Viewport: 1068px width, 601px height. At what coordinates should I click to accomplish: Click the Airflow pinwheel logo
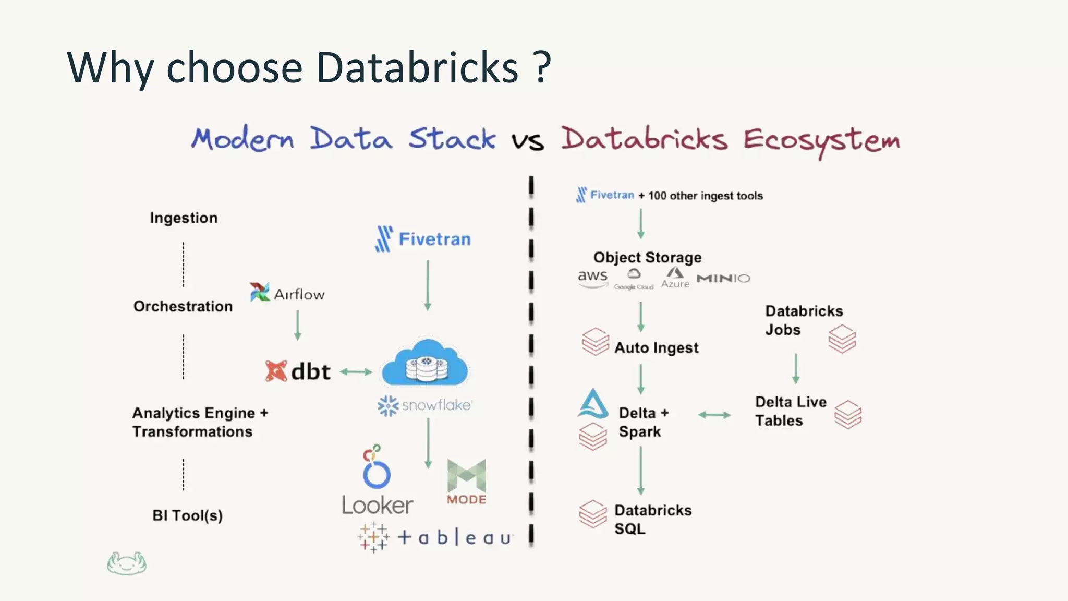(259, 292)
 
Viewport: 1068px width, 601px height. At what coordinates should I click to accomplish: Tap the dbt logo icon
(276, 371)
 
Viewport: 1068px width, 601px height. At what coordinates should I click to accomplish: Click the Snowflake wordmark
(436, 405)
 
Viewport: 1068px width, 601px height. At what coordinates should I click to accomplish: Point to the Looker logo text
(377, 505)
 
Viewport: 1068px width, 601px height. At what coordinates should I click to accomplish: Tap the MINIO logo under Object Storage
(723, 278)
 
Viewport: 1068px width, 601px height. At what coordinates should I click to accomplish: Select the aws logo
(592, 277)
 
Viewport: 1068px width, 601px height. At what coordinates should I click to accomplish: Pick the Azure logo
(675, 278)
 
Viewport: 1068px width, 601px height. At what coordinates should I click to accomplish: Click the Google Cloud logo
(634, 280)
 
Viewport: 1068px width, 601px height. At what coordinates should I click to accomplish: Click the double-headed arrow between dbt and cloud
(356, 372)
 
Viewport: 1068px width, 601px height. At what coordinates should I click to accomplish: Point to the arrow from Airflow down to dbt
(298, 325)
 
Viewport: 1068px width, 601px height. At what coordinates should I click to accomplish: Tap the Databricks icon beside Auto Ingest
(596, 342)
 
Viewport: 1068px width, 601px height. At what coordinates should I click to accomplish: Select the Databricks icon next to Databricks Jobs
(842, 339)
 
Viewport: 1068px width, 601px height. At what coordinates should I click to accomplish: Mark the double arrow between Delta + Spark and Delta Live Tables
(714, 415)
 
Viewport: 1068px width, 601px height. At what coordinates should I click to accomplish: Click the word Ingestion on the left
(184, 218)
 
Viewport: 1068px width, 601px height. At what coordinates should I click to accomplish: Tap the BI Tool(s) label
(187, 515)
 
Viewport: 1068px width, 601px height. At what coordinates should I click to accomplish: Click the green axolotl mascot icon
(127, 563)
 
